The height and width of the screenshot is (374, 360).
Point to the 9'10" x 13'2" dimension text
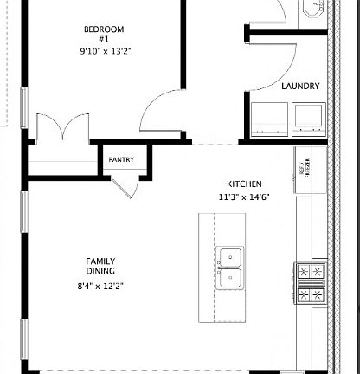coord(103,51)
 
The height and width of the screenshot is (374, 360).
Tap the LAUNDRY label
coord(300,87)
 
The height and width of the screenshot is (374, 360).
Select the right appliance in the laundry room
coord(307,117)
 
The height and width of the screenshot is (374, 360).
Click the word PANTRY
coord(120,160)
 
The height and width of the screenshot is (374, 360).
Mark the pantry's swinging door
coord(125,184)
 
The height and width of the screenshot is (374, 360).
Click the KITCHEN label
coord(244,184)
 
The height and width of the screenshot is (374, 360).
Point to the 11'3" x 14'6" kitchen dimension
coord(244,197)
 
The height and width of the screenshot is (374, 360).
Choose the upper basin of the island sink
coord(230,257)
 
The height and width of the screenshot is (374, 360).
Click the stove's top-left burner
coord(304,272)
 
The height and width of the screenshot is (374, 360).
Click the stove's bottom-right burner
coord(318,294)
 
